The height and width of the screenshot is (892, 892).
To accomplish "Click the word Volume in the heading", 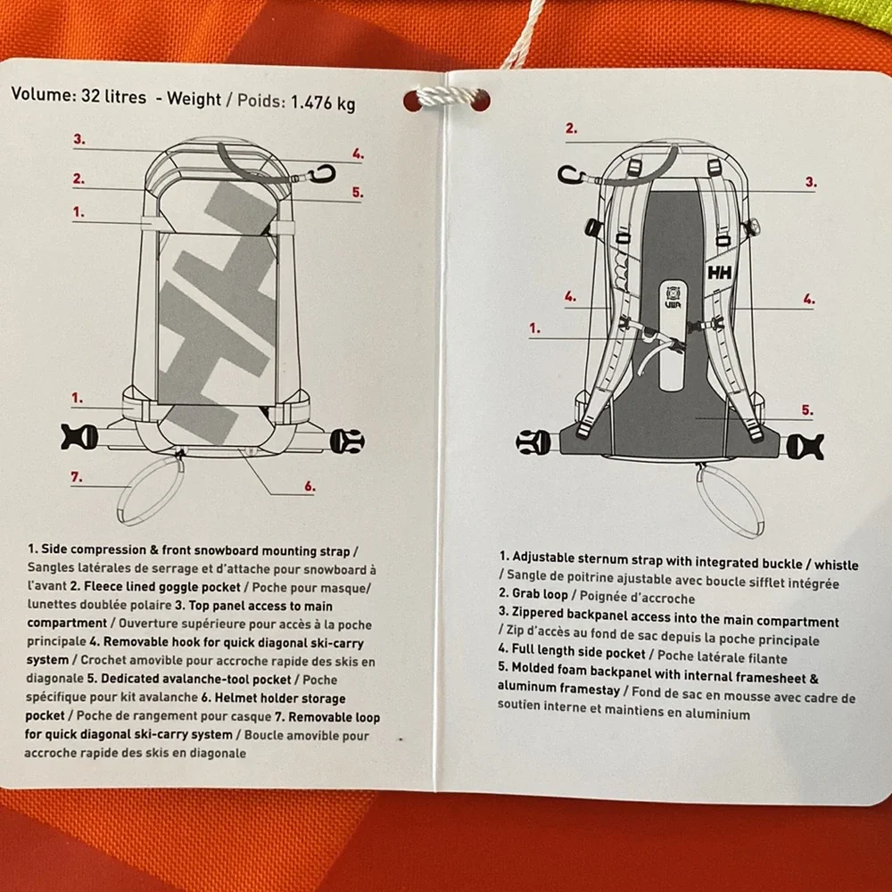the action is tap(43, 94).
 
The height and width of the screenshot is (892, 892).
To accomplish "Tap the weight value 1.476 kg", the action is tap(323, 103).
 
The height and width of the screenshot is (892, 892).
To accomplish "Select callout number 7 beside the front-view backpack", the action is tap(77, 476).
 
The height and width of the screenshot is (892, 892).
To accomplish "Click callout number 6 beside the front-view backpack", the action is tap(310, 486).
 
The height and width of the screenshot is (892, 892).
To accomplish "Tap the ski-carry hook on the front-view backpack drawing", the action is tap(322, 174).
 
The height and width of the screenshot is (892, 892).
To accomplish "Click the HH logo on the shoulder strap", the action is tap(720, 273).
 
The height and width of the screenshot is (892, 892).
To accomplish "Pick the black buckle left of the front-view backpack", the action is tap(78, 437).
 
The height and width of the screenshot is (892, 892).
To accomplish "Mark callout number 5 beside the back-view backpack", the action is tap(806, 409).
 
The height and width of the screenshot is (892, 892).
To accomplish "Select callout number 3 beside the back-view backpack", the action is tap(811, 182).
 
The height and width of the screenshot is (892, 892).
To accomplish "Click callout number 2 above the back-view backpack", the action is tap(571, 128).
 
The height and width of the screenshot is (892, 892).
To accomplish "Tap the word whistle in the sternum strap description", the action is tap(837, 565).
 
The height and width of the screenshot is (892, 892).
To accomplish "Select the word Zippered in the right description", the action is tap(537, 613).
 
